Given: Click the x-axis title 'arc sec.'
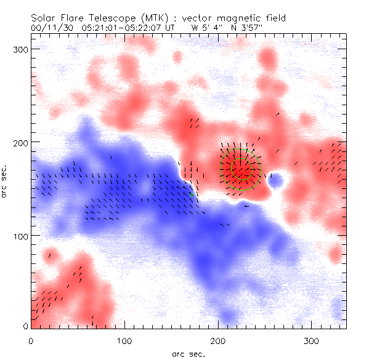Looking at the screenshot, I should pyautogui.click(x=188, y=353).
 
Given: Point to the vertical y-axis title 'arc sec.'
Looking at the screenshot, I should pyautogui.click(x=5, y=178).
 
